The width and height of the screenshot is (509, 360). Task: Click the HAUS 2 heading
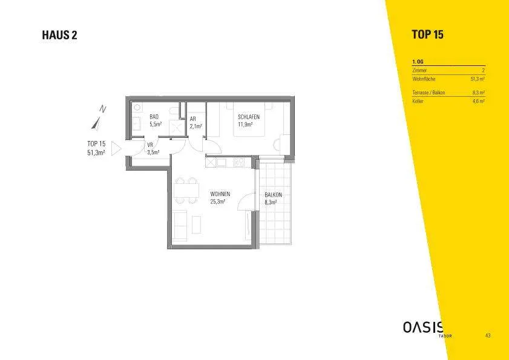60,35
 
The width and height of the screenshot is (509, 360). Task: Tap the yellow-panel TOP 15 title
427,34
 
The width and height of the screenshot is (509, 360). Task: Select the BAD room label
154,117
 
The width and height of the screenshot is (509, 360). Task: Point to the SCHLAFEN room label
249,117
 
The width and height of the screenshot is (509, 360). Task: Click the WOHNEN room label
220,194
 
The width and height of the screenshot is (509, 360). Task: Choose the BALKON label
273,195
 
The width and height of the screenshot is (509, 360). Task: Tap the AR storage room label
193,119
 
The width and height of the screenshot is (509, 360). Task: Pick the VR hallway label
150,145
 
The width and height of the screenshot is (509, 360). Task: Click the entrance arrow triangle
116,148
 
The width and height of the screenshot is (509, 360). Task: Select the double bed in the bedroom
249,119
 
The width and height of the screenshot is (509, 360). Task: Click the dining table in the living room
186,190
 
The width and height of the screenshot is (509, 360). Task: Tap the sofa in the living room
179,225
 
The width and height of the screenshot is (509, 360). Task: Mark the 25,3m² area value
218,201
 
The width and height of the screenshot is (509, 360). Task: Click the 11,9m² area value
245,124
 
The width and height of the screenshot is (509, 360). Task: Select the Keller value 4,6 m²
479,101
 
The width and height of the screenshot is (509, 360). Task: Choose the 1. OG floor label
418,62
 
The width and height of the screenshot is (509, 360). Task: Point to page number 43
488,335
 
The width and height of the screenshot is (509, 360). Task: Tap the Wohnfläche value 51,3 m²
478,79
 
